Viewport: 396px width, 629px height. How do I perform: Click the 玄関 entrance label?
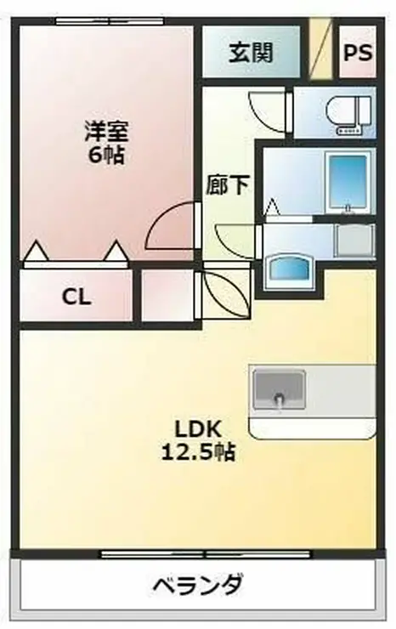pos(251,53)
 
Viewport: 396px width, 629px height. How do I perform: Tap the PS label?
pos(358,52)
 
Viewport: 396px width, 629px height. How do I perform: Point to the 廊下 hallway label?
pos(228,185)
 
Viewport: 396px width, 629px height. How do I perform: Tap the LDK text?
pos(198,428)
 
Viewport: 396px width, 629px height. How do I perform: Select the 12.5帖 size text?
pos(198,451)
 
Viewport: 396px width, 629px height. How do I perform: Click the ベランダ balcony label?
pos(198,586)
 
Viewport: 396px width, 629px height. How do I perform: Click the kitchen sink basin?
pos(278,391)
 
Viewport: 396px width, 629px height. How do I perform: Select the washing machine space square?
pos(353,241)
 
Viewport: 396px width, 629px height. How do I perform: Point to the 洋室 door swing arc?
pos(170,228)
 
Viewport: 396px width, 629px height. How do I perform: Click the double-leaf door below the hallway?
pos(224,292)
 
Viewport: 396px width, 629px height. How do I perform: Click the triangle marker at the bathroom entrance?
pos(272,207)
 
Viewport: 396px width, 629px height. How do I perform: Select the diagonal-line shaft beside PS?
pos(320,50)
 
